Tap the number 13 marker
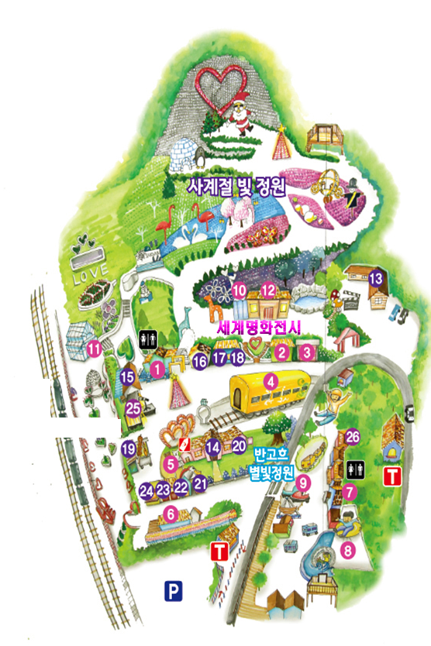point(376,277)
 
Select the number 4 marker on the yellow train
point(271,381)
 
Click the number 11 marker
point(94,349)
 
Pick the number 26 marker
point(353,436)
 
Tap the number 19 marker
point(129,447)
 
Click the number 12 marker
point(268,290)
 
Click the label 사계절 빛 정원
point(237,187)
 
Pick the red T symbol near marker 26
point(393,474)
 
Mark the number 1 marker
point(157,370)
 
